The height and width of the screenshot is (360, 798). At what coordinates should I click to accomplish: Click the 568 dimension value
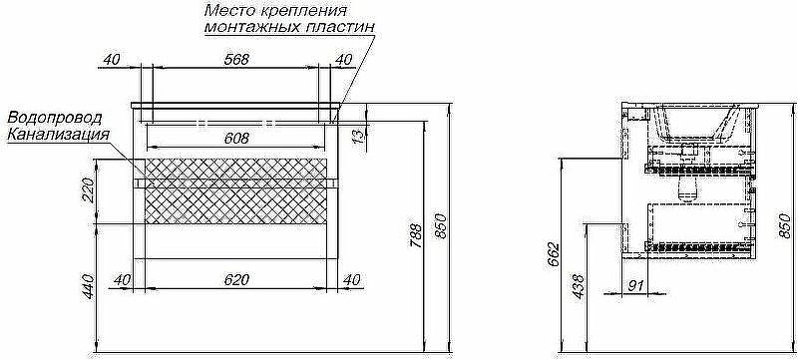coord(235,60)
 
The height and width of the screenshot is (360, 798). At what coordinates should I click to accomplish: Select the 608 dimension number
coord(235,139)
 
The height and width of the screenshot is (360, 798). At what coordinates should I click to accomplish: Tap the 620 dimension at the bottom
coord(235,280)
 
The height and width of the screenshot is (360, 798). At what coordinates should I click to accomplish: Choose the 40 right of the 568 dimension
coord(343,60)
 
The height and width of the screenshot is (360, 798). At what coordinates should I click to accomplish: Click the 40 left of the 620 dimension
coord(124,280)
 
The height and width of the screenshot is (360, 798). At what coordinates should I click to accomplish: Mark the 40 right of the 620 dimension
coord(350,280)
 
